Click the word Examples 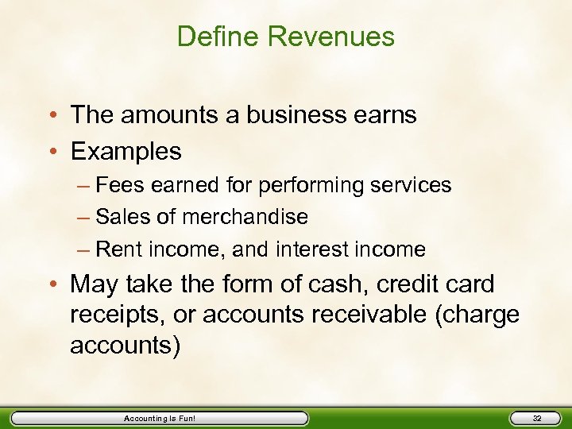pyautogui.click(x=126, y=151)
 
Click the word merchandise pyautogui.click(x=245, y=217)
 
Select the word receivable pyautogui.click(x=367, y=315)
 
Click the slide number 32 pyautogui.click(x=536, y=418)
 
